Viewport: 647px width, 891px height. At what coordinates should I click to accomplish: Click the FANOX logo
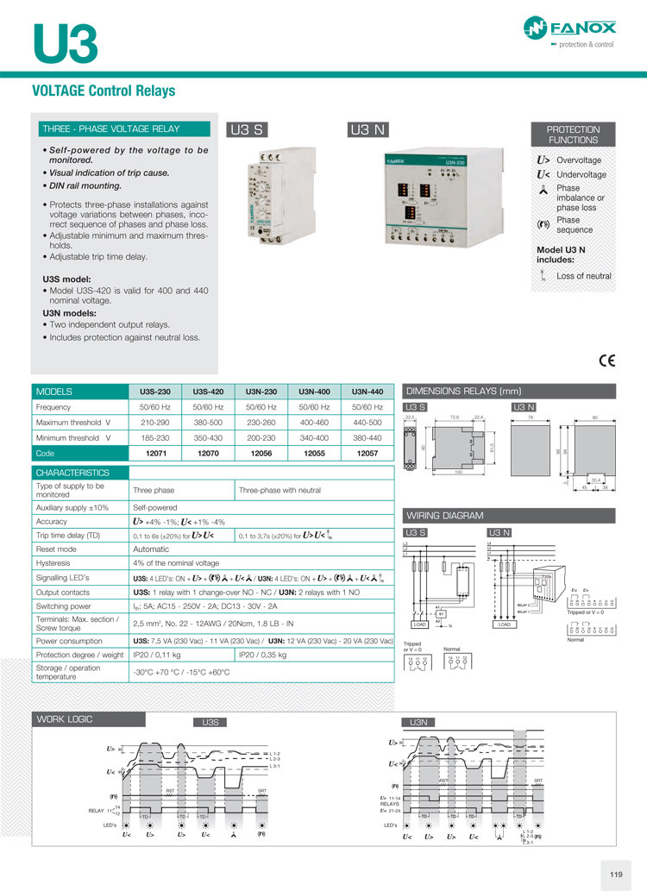[577, 33]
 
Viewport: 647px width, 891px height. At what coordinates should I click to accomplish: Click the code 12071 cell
[155, 453]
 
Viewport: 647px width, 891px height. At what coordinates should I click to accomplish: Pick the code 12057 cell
[367, 453]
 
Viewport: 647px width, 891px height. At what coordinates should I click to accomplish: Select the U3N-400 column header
[314, 391]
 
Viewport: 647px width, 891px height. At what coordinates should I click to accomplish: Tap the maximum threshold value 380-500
[208, 422]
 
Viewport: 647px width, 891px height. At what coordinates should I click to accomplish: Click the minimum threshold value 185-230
[155, 437]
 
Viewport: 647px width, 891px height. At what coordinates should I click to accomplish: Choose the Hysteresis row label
[53, 563]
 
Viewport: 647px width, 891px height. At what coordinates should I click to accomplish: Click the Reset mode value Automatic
[151, 549]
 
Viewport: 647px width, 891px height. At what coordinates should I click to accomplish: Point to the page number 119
[615, 875]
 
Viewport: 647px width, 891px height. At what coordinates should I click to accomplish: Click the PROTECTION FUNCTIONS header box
[573, 135]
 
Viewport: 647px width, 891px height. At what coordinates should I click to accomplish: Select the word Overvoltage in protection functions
[579, 160]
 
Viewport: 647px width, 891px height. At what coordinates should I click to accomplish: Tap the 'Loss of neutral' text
[584, 276]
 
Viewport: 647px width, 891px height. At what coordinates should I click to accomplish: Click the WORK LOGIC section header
[65, 719]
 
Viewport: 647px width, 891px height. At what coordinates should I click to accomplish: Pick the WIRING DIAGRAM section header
[446, 516]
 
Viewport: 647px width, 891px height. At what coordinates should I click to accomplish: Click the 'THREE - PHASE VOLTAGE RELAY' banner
[121, 129]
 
